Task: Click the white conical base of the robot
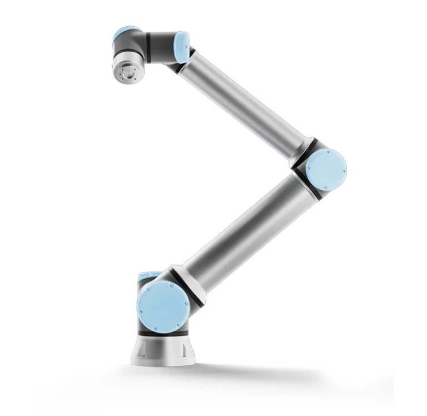(165, 351)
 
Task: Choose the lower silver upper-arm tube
(239, 222)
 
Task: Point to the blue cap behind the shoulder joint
(146, 276)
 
